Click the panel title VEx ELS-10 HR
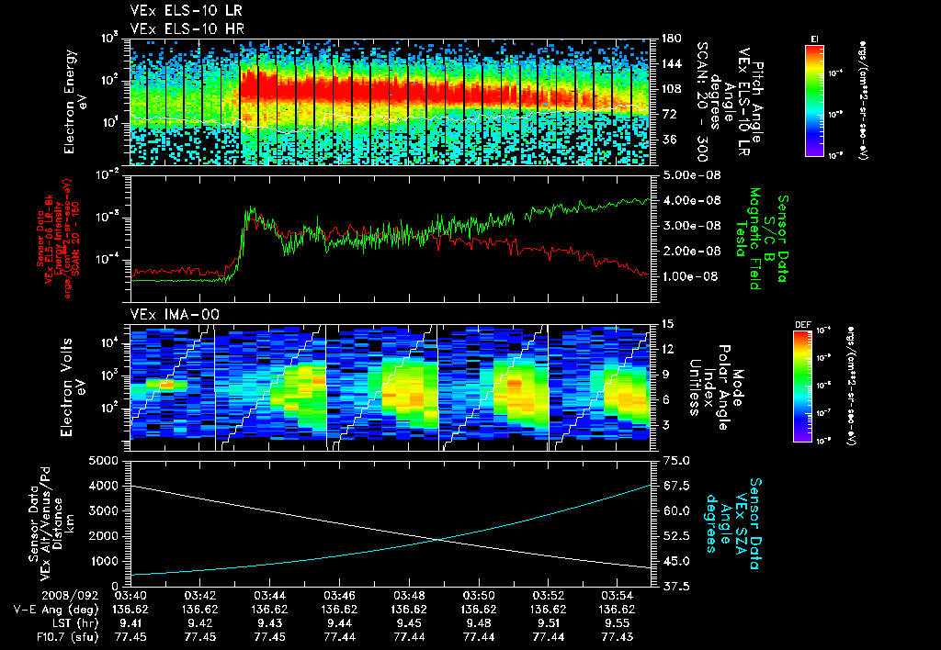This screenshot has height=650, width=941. point(181,28)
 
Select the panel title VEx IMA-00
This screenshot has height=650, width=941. point(165,315)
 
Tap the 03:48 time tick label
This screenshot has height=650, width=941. point(410,595)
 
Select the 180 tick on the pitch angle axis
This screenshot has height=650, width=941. point(670,39)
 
